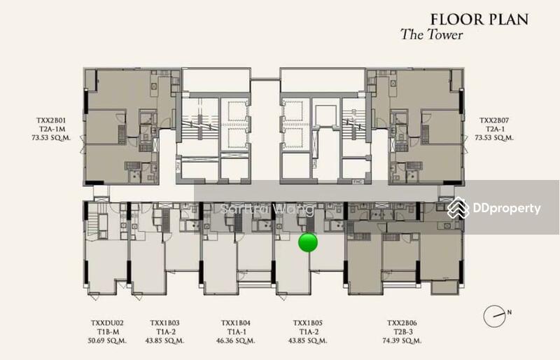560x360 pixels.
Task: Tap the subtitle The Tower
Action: click(431, 34)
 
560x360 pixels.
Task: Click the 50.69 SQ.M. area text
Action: click(107, 341)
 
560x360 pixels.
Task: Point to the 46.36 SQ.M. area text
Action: click(234, 341)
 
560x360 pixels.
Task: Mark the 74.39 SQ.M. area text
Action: click(403, 341)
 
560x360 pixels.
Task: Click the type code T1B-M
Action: click(107, 333)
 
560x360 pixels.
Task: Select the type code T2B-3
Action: click(403, 333)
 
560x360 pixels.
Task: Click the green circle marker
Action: click(308, 242)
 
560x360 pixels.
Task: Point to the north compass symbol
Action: click(495, 314)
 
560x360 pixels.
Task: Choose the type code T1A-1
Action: click(234, 333)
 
